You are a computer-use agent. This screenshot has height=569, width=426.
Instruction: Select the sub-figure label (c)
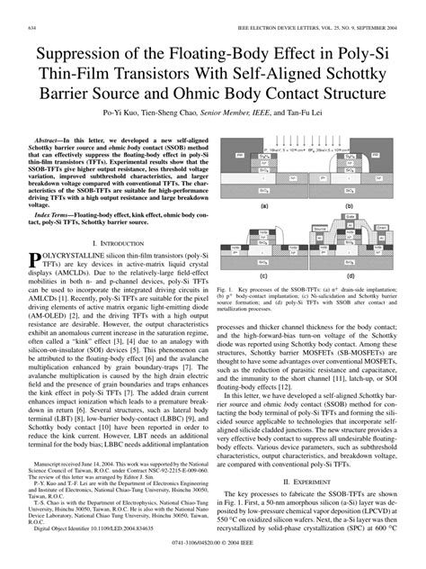(x=263, y=275)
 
